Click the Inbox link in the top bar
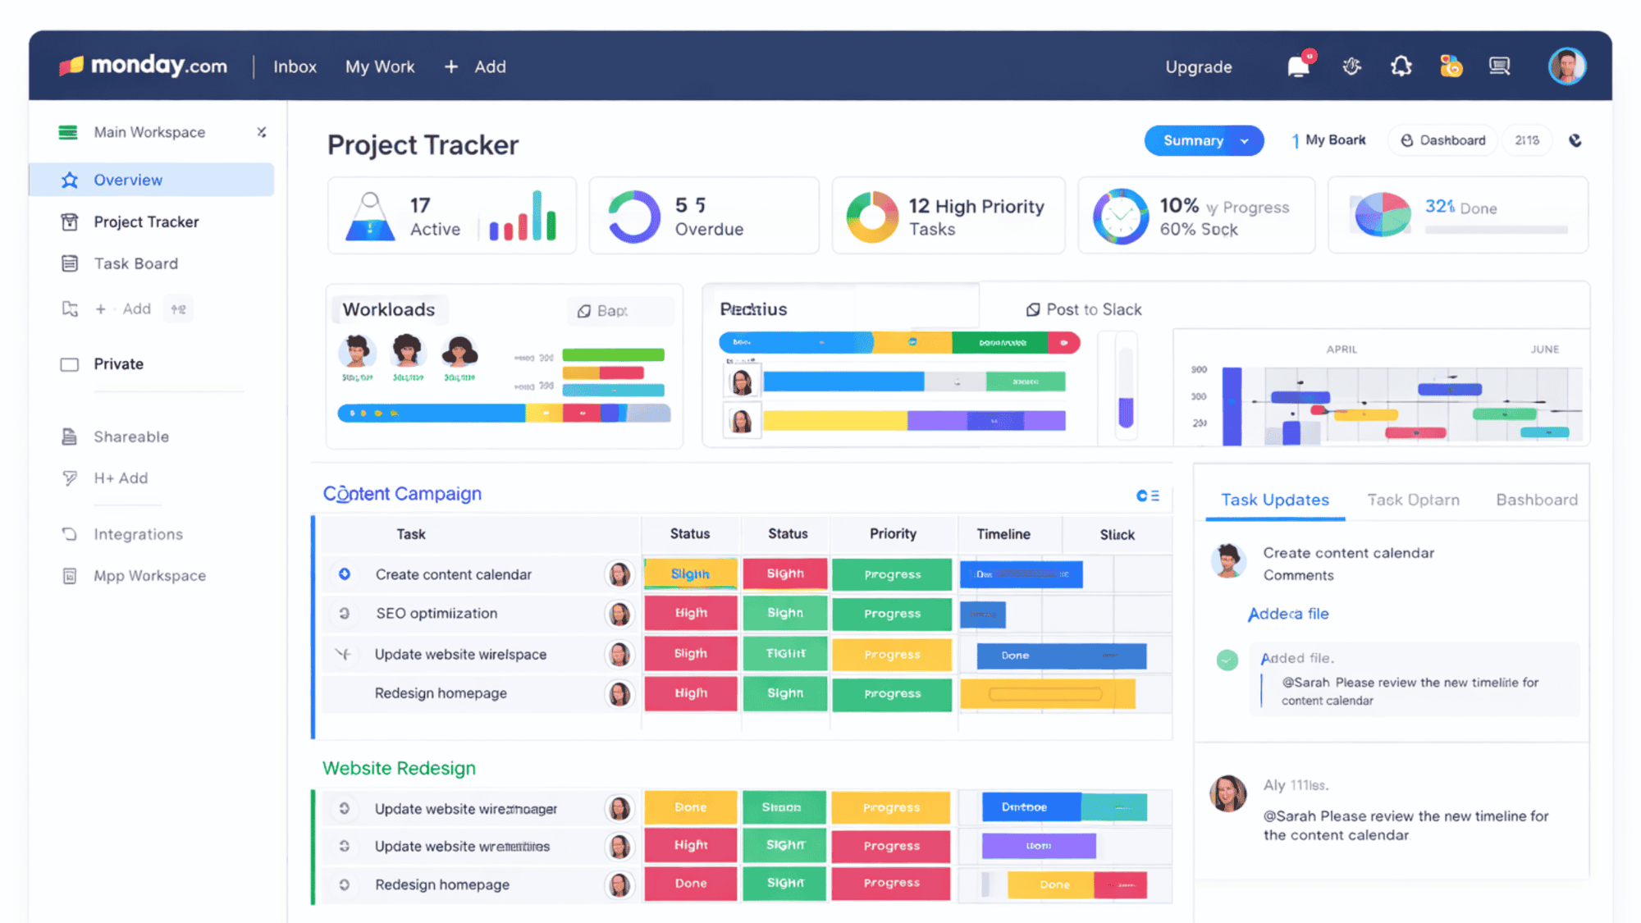point(295,67)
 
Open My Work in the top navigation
point(380,67)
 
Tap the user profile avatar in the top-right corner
point(1566,66)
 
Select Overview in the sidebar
point(128,180)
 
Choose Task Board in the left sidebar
point(135,263)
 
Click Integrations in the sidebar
point(138,534)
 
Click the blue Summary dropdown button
point(1203,140)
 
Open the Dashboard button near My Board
point(1443,140)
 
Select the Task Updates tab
point(1274,500)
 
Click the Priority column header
point(893,534)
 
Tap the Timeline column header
point(1003,534)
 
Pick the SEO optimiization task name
point(437,614)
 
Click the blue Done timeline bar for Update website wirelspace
point(1061,656)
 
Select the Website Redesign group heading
point(399,768)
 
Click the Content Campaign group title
point(402,494)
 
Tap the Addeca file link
point(1287,614)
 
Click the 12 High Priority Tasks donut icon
point(871,217)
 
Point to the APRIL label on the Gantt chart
point(1342,350)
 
